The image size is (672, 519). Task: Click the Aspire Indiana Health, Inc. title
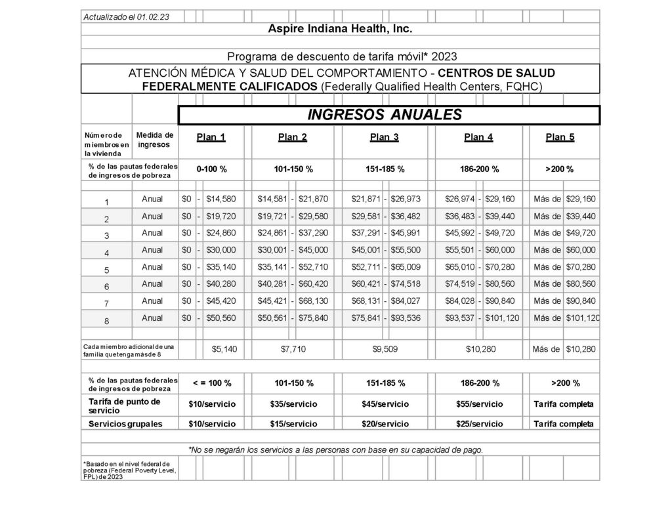click(340, 30)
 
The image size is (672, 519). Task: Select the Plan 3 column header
click(384, 137)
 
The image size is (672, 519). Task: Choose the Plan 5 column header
click(560, 137)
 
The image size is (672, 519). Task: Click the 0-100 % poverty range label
click(211, 169)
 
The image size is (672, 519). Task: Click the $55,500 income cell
click(405, 249)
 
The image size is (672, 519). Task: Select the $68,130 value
click(312, 301)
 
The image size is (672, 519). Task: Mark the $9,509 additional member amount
click(385, 349)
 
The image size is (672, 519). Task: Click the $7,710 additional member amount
click(293, 349)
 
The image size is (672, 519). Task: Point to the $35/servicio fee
click(293, 404)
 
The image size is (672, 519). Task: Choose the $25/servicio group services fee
click(479, 424)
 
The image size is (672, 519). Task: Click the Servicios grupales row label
click(125, 424)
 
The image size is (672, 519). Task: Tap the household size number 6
click(107, 287)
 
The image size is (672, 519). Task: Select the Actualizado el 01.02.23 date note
click(126, 17)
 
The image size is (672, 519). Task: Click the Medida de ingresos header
click(154, 140)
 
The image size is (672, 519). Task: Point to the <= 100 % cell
click(211, 383)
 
